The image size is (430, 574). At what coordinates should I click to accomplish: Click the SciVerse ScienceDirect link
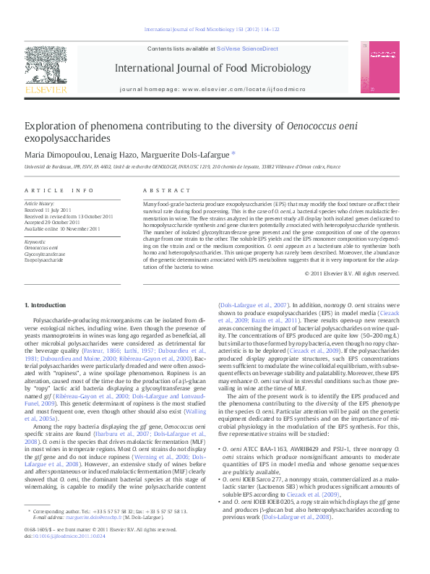(x=247, y=48)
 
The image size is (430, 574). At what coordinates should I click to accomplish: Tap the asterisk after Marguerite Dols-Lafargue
(x=233, y=153)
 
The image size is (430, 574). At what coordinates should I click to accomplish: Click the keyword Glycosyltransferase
(x=45, y=254)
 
